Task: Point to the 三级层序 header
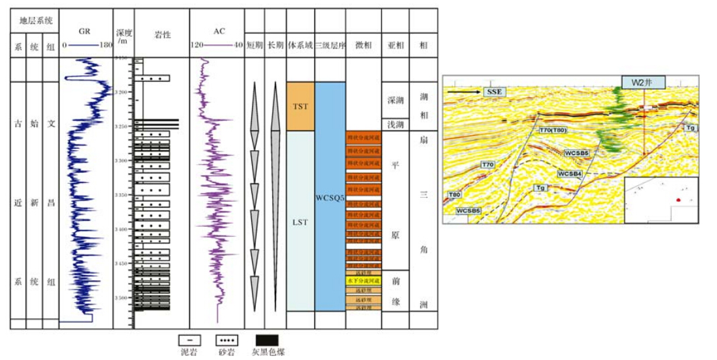pyautogui.click(x=330, y=46)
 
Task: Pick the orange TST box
pyautogui.click(x=300, y=106)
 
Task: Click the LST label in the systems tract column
pyautogui.click(x=300, y=221)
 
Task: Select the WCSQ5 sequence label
pyautogui.click(x=330, y=198)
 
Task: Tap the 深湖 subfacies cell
pyautogui.click(x=395, y=100)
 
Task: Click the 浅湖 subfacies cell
pyautogui.click(x=395, y=125)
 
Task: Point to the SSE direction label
pyautogui.click(x=492, y=91)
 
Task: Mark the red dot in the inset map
pyautogui.click(x=678, y=200)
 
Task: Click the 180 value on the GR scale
pyautogui.click(x=105, y=46)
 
